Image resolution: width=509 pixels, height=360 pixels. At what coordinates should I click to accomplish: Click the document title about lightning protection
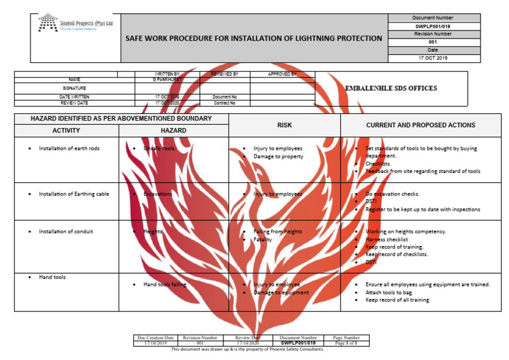pyautogui.click(x=254, y=38)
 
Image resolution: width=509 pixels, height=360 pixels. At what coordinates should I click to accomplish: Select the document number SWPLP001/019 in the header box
pyautogui.click(x=432, y=26)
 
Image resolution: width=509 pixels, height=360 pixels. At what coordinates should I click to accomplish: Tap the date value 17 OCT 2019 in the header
pyautogui.click(x=432, y=58)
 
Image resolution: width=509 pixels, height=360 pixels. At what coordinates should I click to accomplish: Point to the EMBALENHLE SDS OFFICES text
pyautogui.click(x=391, y=88)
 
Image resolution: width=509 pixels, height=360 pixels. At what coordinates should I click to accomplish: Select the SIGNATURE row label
pyautogui.click(x=74, y=88)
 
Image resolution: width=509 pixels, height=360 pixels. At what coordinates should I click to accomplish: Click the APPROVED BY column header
pyautogui.click(x=282, y=74)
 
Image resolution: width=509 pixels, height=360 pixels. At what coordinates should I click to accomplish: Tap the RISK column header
pyautogui.click(x=284, y=125)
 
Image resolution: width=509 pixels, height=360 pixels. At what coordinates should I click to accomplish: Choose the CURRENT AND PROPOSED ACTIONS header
pyautogui.click(x=420, y=125)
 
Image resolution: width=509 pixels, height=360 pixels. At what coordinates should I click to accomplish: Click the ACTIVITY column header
pyautogui.click(x=66, y=131)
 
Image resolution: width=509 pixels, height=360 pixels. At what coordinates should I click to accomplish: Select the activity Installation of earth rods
pyautogui.click(x=69, y=149)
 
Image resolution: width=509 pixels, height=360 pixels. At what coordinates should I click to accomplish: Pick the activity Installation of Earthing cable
pyautogui.click(x=74, y=194)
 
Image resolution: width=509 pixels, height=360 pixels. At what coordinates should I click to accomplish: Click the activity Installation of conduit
pyautogui.click(x=66, y=231)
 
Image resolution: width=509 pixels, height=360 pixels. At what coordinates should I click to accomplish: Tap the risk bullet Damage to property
pyautogui.click(x=278, y=157)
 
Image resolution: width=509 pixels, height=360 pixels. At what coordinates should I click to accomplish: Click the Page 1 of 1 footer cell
pyautogui.click(x=346, y=343)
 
